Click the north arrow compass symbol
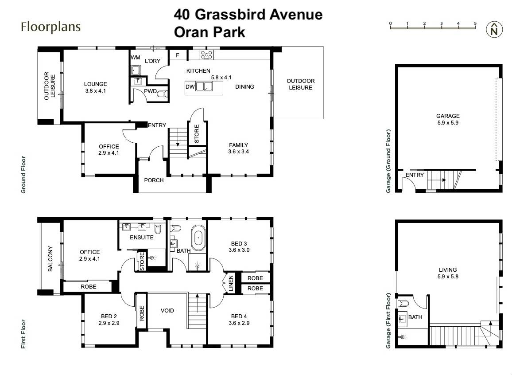tap(495, 29)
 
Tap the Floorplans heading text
tap(50, 27)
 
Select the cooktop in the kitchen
tap(207, 55)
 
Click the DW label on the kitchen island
tap(190, 87)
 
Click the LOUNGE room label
tap(96, 87)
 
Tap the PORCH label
tap(154, 180)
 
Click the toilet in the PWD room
tap(163, 94)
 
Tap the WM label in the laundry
tap(135, 58)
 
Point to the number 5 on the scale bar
tap(475, 23)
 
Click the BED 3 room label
tap(239, 246)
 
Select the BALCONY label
tap(50, 259)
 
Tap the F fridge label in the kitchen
tap(178, 55)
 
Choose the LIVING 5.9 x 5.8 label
tap(448, 273)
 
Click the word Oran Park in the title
tap(209, 32)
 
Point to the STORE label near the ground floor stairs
tap(197, 133)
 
